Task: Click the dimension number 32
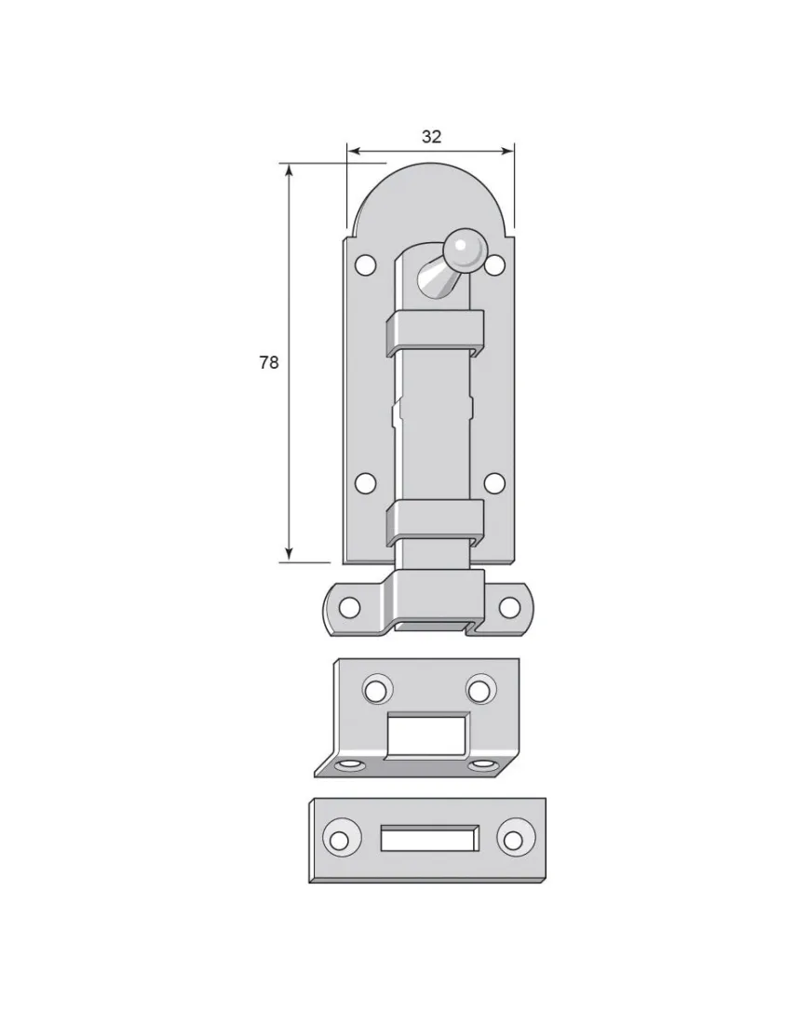point(431,136)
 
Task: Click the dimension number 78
point(268,363)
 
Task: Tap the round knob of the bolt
point(463,248)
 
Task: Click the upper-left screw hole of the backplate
point(366,264)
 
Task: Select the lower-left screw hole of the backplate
point(366,483)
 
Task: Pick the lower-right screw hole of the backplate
point(494,483)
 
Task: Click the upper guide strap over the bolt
point(435,331)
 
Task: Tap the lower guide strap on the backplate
point(435,522)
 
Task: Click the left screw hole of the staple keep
point(349,607)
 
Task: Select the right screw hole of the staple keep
point(509,607)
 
